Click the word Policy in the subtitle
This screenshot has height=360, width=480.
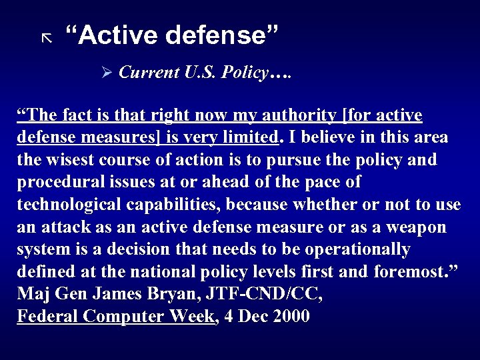tap(243, 73)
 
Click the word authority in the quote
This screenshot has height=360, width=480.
tap(295, 116)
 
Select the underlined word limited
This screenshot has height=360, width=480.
tap(247, 138)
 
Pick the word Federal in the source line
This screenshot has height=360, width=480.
tap(47, 316)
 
